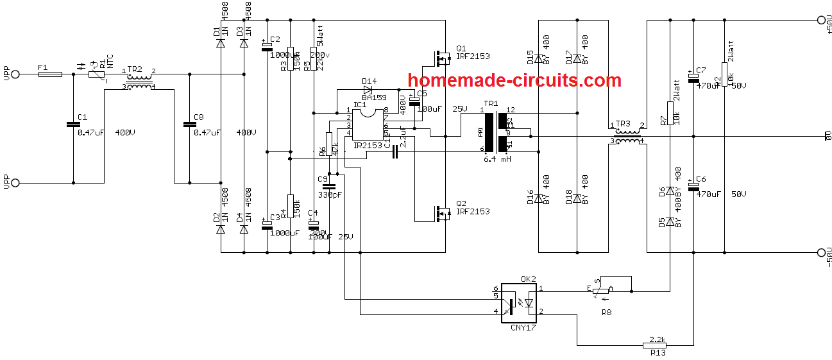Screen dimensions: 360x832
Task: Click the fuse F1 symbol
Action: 51,74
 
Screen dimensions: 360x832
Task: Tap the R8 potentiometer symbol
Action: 600,291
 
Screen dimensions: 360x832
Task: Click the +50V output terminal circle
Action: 820,20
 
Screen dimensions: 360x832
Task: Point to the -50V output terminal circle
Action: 820,252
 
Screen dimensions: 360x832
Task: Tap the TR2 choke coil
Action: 139,81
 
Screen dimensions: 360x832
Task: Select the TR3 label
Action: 624,123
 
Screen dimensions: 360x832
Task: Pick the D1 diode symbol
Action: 220,44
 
